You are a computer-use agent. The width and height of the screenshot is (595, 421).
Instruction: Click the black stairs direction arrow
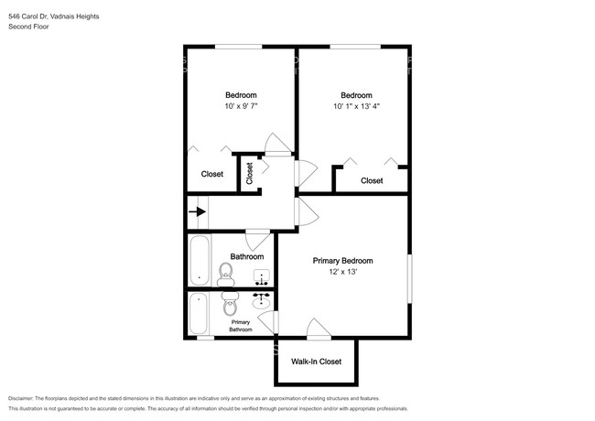[x=198, y=211]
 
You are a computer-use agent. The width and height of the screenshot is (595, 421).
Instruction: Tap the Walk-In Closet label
[x=316, y=362]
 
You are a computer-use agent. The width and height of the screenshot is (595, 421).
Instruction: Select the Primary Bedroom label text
[x=342, y=261]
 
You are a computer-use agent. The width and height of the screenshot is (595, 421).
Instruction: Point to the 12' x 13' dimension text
[x=343, y=272]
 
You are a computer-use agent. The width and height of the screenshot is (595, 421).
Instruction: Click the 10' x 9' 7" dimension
[x=241, y=106]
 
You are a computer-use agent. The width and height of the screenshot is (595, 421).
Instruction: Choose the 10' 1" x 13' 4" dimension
[x=356, y=106]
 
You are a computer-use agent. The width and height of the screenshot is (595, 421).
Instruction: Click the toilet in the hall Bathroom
[x=225, y=275]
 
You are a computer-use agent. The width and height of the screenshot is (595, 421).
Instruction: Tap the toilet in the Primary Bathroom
[x=229, y=304]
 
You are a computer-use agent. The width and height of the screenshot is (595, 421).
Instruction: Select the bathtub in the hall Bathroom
[x=200, y=260]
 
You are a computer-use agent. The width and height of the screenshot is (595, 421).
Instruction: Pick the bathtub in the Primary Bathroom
[x=199, y=313]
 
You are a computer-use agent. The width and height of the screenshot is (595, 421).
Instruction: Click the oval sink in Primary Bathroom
[x=262, y=302]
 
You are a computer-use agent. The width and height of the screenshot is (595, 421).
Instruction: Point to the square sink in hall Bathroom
[x=262, y=277]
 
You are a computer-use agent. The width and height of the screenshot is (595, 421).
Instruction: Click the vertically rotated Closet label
[x=249, y=173]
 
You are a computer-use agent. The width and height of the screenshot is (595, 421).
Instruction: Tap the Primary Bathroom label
[x=241, y=326]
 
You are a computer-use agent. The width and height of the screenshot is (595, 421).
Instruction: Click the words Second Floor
[x=28, y=27]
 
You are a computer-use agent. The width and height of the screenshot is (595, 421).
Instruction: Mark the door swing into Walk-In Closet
[x=319, y=328]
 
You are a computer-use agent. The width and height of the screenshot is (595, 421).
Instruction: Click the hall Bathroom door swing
[x=257, y=240]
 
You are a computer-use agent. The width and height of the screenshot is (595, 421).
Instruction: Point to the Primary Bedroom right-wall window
[x=409, y=278]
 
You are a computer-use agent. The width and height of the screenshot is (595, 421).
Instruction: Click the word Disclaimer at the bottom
[x=20, y=399]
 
